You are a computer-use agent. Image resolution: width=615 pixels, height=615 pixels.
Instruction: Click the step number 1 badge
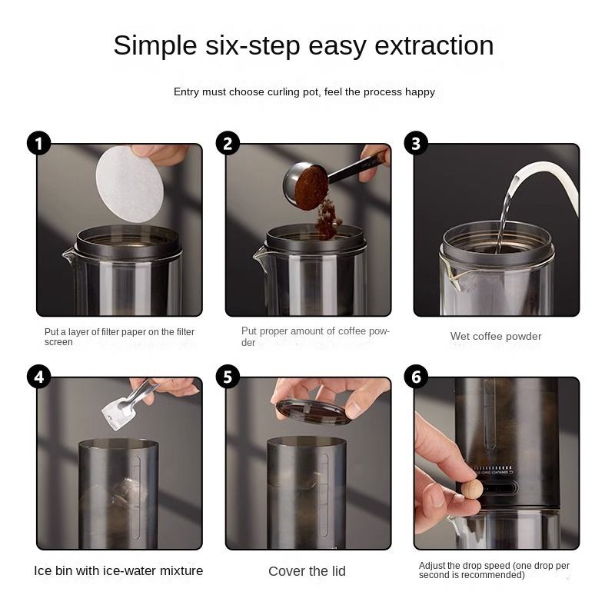39,143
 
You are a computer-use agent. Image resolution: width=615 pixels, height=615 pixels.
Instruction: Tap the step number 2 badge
228,143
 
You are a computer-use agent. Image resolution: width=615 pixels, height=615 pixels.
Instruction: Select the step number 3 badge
416,143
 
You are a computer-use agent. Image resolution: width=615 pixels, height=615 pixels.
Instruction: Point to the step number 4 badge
39,377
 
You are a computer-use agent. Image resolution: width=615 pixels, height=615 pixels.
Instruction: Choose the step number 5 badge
228,377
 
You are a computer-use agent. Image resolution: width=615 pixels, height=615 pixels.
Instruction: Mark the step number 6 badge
416,377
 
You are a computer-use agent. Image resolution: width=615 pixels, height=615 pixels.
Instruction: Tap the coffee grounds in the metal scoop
311,188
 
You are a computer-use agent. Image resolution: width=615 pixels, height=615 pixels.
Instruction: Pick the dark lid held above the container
313,412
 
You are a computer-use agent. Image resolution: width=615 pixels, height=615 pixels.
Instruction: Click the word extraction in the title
434,45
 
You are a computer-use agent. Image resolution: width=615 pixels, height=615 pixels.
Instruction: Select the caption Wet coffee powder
496,336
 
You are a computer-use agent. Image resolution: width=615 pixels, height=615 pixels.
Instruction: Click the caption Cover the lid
307,571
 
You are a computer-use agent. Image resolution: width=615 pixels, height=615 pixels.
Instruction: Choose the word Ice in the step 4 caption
42,570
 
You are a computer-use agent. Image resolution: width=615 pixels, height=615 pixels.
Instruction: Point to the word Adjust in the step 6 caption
431,566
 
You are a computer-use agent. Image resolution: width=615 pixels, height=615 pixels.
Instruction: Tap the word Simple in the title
155,46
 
